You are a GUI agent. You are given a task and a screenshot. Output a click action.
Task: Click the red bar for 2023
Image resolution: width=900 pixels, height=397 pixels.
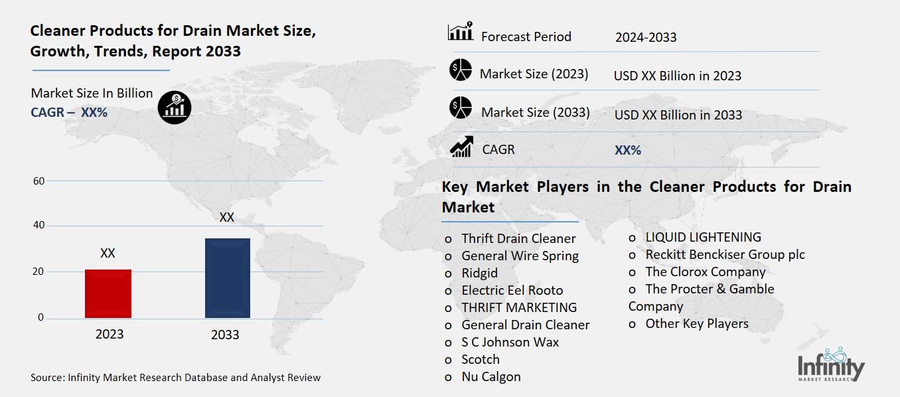tap(108, 293)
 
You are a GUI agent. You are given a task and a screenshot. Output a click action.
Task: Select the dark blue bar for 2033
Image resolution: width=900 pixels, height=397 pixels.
tap(228, 278)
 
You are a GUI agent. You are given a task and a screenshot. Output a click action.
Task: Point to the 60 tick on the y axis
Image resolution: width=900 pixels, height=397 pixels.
tap(39, 181)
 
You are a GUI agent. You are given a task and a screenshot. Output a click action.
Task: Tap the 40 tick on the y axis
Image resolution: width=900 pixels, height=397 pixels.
tap(39, 225)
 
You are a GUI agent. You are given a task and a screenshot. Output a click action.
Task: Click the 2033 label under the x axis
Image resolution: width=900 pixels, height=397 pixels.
tap(225, 335)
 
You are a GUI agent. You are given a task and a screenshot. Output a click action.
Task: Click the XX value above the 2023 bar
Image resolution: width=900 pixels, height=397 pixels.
tap(108, 253)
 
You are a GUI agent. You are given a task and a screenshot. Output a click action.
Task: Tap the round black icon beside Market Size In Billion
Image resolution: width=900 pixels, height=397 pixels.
tap(175, 108)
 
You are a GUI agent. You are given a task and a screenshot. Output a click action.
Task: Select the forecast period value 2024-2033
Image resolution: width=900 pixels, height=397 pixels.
tap(646, 37)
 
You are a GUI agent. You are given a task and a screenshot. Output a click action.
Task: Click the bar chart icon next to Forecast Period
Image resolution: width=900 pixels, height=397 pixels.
tap(461, 31)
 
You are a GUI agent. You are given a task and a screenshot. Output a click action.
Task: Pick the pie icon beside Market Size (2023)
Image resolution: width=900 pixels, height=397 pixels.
tap(461, 70)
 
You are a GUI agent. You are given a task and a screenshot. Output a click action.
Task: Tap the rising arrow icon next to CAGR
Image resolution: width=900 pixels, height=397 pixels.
tap(461, 147)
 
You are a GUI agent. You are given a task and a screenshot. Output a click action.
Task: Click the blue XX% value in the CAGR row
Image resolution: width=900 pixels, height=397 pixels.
tap(628, 150)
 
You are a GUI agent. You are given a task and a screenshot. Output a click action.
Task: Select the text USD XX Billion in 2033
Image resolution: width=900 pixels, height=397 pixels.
tap(678, 115)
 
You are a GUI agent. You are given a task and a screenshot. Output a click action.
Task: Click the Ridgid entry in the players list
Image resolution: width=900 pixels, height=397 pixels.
tap(479, 274)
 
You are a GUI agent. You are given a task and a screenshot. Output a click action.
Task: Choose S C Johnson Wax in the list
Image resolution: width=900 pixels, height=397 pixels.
tap(510, 342)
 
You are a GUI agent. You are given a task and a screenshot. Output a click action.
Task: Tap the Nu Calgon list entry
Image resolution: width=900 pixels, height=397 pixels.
tap(491, 377)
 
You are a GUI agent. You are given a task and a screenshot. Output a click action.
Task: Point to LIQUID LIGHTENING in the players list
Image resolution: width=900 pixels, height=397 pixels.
tap(703, 237)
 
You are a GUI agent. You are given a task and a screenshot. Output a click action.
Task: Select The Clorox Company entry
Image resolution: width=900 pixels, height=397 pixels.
tap(706, 272)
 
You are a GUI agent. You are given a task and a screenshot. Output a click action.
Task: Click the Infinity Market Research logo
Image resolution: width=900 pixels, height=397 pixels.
tap(831, 364)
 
